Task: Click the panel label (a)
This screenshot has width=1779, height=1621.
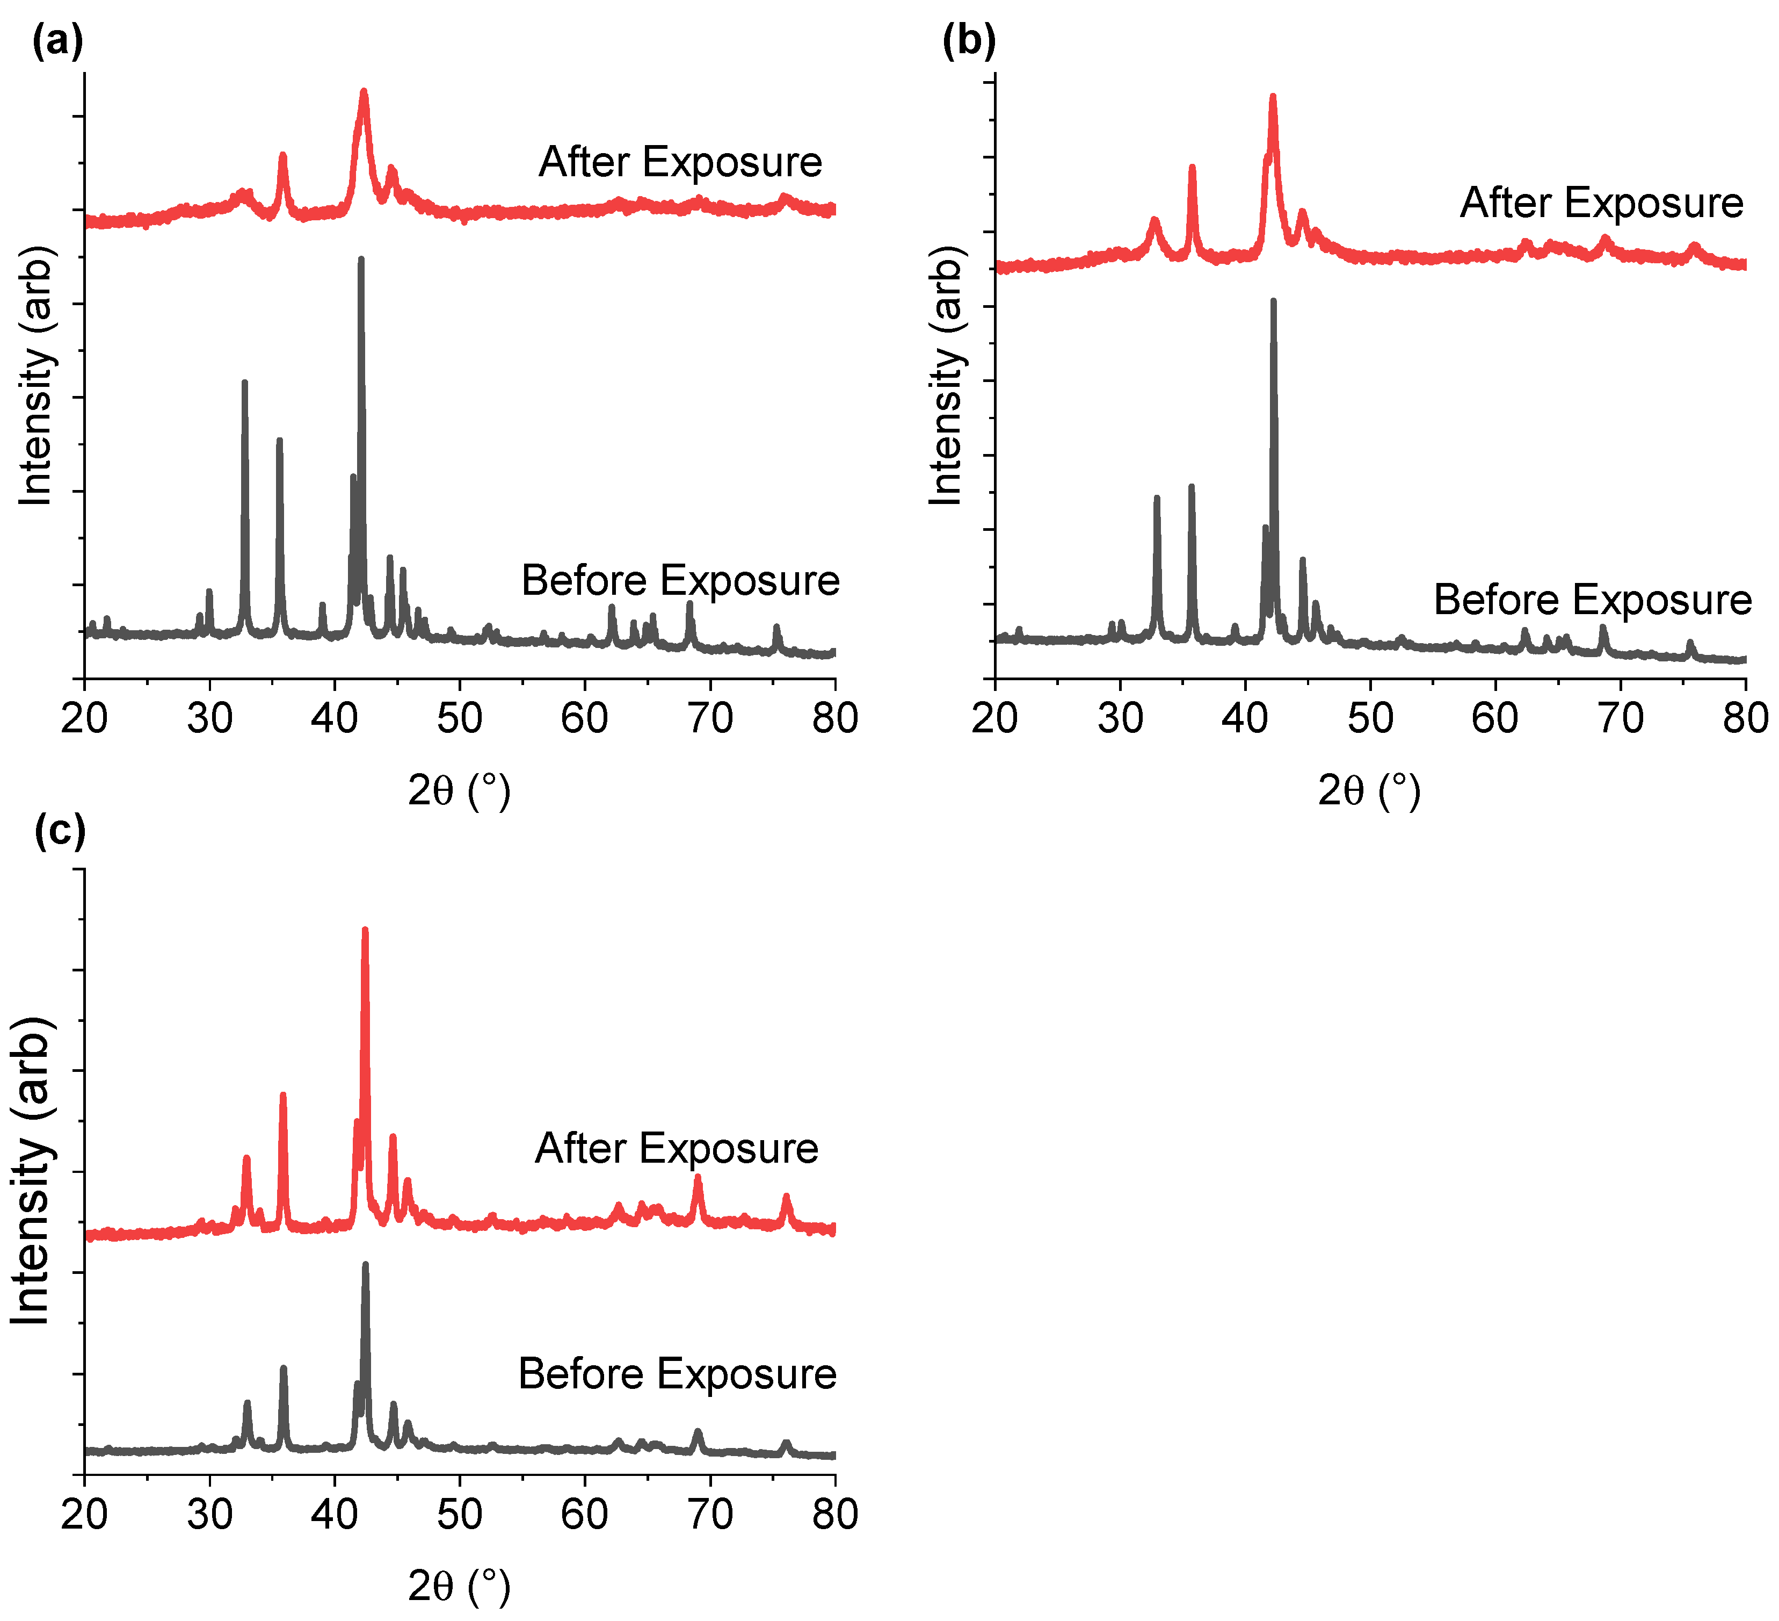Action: tap(58, 41)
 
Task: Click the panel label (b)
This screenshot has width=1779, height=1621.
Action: tap(969, 41)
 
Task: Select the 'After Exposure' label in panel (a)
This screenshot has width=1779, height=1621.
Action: tap(680, 162)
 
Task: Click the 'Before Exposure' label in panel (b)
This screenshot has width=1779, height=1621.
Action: tap(1592, 600)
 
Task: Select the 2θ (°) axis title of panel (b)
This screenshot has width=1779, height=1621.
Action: tap(1369, 790)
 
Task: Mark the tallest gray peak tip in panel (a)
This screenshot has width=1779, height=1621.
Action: tap(361, 258)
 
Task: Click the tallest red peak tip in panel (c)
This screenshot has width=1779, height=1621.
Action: tap(365, 930)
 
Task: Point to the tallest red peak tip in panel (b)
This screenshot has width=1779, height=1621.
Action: tap(1273, 96)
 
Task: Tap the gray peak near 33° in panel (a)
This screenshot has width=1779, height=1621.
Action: tap(244, 383)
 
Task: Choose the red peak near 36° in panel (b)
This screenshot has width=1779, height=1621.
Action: tap(1192, 167)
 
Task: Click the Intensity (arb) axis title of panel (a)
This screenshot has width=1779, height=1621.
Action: tap(35, 375)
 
